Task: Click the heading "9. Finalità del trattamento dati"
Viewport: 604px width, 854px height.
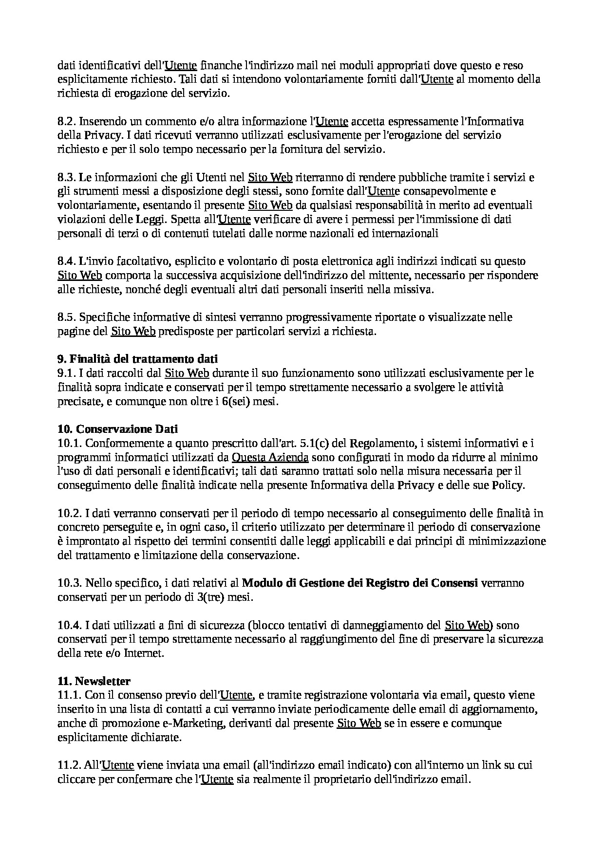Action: click(137, 359)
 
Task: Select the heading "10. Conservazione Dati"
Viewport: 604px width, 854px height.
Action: click(117, 429)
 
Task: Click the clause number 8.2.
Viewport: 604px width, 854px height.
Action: click(67, 121)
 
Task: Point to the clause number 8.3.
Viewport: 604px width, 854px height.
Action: click(67, 178)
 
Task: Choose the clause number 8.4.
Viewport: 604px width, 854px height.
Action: click(67, 262)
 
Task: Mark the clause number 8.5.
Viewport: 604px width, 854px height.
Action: click(67, 317)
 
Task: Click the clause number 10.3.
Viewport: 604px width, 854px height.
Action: click(70, 583)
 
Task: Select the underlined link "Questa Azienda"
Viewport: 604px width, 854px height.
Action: click(270, 458)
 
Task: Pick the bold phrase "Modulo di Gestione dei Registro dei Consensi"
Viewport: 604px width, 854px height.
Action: click(360, 583)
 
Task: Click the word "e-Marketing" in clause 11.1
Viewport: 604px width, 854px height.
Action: click(198, 724)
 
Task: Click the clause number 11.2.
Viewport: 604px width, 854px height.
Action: click(70, 765)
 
